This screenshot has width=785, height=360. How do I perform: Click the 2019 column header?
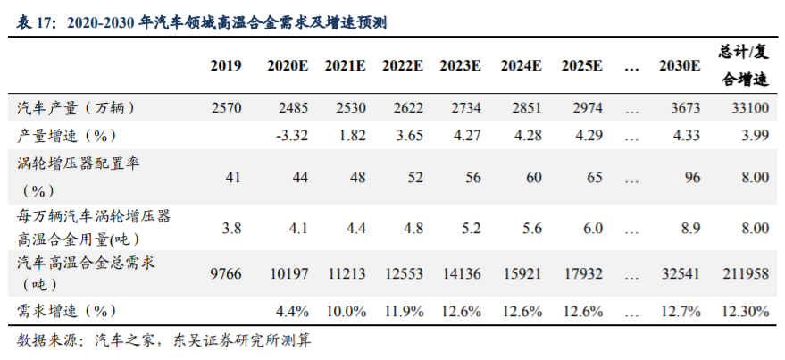227,66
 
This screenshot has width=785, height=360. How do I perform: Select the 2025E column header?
581,66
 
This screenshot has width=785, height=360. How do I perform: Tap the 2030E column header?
679,66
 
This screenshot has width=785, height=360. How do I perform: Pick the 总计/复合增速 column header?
743,65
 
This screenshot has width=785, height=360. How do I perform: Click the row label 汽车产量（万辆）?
77,108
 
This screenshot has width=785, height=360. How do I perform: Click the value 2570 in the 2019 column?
227,108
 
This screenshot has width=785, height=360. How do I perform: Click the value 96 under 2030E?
691,177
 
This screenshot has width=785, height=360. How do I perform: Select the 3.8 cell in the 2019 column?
231,228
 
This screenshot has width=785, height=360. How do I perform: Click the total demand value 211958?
745,274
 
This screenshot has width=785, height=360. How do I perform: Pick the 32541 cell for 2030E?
681,274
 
